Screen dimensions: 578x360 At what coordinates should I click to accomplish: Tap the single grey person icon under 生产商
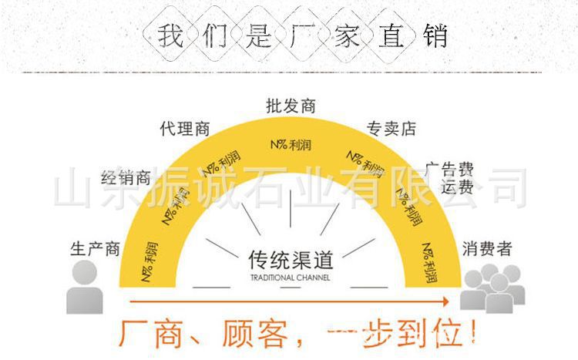pyautogui.click(x=85, y=286)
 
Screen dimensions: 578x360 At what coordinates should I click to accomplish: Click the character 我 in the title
pyautogui.click(x=171, y=36)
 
